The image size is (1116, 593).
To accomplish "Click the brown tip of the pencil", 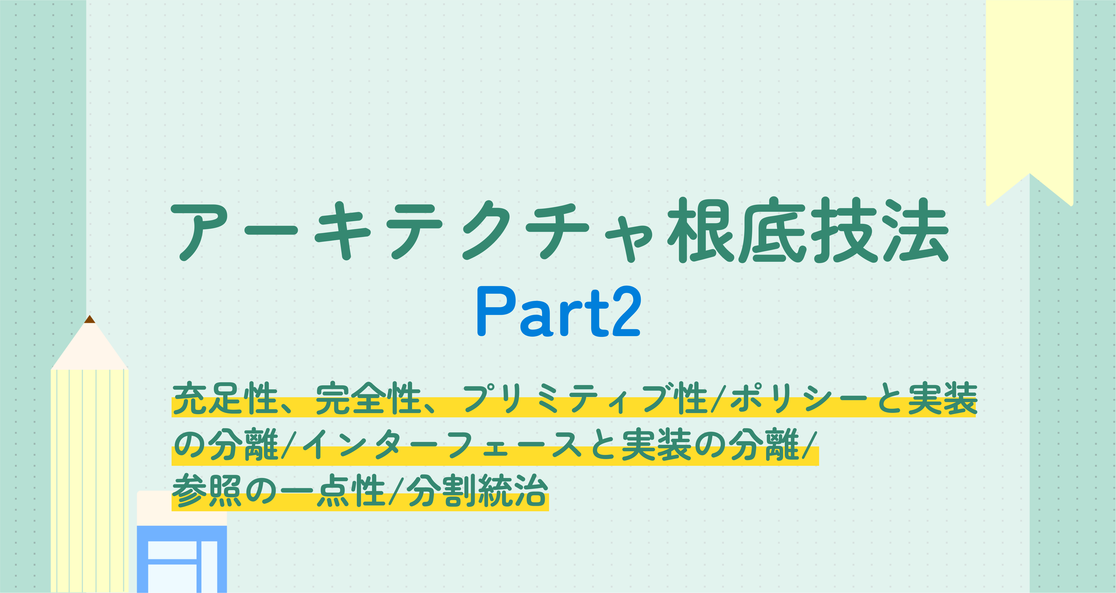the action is [x=90, y=319].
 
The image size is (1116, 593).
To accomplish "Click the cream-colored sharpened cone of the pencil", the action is [x=90, y=346].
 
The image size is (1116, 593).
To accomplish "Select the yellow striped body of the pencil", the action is [x=90, y=480].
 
